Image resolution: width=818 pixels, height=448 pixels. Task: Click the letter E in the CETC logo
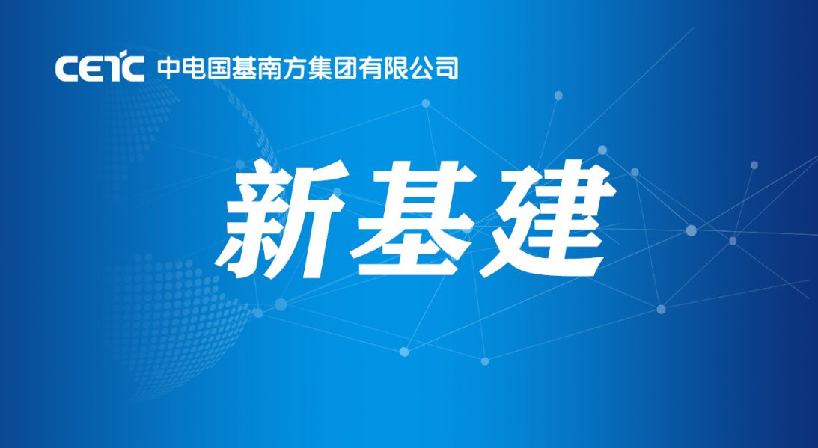(89, 69)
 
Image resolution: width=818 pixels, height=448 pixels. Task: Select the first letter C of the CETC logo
(66, 69)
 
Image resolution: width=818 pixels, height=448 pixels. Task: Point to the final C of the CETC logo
(132, 69)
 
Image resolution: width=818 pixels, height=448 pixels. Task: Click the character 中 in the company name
(168, 68)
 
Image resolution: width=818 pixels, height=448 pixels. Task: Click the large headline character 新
(282, 218)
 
